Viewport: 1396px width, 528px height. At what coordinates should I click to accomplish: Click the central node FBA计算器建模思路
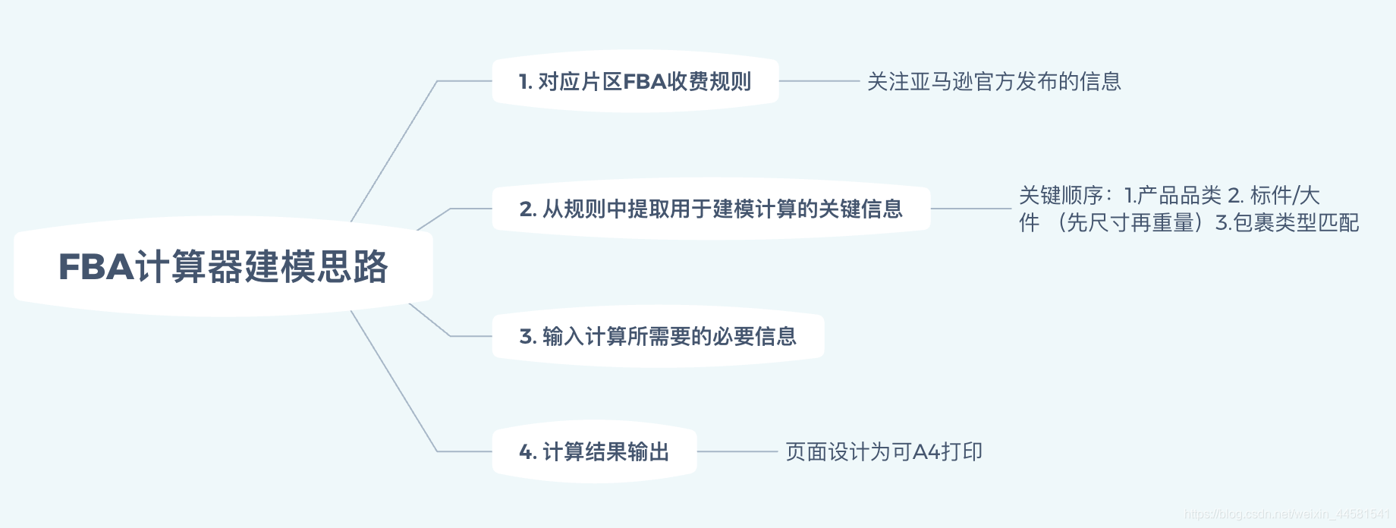[x=223, y=267]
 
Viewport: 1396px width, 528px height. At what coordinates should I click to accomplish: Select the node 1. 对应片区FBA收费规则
[x=635, y=81]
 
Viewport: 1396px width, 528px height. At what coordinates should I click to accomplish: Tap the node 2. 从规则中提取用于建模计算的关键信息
[x=711, y=209]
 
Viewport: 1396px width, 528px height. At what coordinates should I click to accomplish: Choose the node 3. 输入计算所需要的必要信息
[x=658, y=336]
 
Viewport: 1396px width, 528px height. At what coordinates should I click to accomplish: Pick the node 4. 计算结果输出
[x=594, y=452]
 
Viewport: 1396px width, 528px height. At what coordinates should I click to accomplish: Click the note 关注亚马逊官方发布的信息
[x=994, y=81]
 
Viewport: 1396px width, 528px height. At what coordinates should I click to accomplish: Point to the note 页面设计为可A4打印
[x=884, y=452]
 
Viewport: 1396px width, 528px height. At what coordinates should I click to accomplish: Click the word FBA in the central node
[x=96, y=267]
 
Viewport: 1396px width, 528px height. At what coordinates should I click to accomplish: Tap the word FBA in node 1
[x=644, y=81]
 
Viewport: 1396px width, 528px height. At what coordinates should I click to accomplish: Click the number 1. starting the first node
[x=525, y=81]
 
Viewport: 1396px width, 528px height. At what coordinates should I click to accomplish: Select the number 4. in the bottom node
[x=527, y=452]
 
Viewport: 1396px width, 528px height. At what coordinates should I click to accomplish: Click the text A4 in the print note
[x=926, y=452]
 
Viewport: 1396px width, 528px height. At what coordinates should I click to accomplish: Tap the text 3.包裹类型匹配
[x=1287, y=223]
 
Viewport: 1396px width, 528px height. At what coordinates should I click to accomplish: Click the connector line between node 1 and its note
[x=819, y=81]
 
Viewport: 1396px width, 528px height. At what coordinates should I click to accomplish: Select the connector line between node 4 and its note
[x=737, y=452]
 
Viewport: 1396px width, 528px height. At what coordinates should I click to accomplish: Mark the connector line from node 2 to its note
[x=971, y=209]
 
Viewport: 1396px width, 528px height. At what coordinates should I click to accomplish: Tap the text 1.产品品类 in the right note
[x=1172, y=196]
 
